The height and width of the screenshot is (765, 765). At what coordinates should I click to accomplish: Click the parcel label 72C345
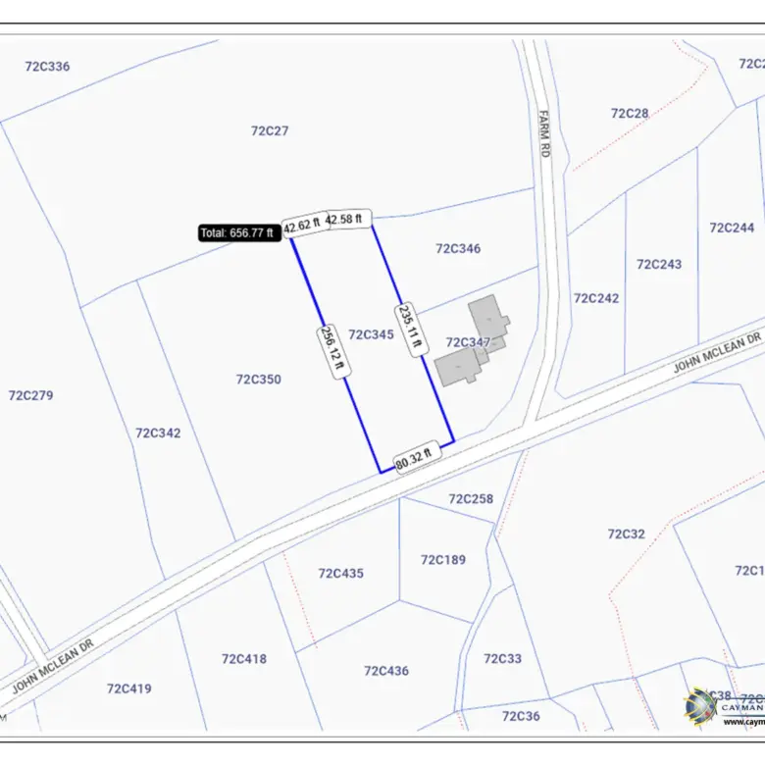click(371, 334)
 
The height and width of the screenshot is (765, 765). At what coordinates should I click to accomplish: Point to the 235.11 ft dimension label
click(411, 327)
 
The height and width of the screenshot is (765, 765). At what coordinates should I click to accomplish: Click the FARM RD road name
click(545, 133)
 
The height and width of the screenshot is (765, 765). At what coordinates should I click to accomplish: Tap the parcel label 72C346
click(458, 249)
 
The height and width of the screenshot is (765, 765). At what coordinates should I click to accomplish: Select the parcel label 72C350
click(258, 380)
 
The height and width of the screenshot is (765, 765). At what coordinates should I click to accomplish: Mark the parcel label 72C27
click(270, 130)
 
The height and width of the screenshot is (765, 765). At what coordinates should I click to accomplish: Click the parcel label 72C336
click(47, 67)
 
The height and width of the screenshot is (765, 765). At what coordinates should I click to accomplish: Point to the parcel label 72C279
click(30, 395)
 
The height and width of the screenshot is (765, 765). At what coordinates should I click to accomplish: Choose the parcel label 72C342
click(158, 433)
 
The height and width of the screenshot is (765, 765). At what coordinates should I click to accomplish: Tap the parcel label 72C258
click(471, 499)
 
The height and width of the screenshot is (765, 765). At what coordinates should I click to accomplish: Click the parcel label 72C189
click(443, 560)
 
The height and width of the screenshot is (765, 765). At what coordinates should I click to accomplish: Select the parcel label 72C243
click(659, 264)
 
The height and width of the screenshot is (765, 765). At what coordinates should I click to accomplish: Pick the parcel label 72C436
click(386, 671)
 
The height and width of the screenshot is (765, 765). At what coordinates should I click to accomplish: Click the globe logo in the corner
click(701, 706)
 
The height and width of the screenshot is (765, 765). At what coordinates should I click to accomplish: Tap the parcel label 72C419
click(129, 688)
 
